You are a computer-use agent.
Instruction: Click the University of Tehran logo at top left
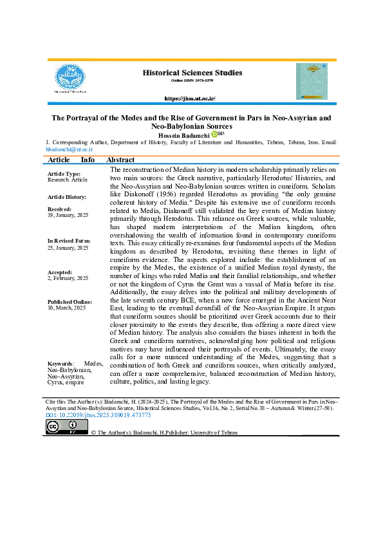(70, 79)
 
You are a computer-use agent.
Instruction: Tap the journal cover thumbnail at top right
(312, 81)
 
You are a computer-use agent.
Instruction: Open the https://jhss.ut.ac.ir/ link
(190, 98)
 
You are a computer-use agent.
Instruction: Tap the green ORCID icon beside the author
(214, 134)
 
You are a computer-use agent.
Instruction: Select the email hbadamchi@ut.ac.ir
(69, 149)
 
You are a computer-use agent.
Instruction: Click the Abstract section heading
(120, 160)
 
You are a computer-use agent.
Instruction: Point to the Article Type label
(64, 174)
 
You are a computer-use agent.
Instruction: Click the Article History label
(67, 196)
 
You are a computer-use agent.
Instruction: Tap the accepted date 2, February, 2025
(68, 279)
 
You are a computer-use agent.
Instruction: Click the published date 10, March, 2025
(68, 308)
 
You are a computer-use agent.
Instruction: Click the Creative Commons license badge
(62, 427)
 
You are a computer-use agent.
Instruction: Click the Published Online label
(70, 302)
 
